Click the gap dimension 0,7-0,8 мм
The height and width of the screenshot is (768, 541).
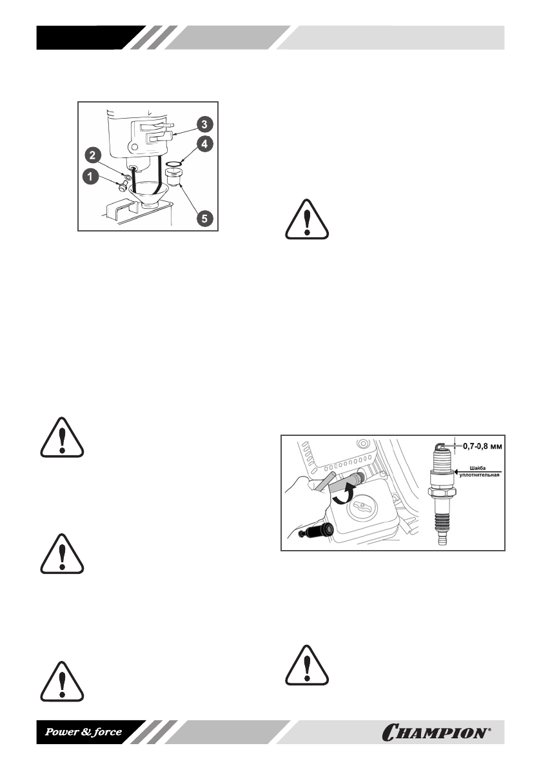pyautogui.click(x=481, y=444)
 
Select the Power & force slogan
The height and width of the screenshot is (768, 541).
pyautogui.click(x=82, y=732)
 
